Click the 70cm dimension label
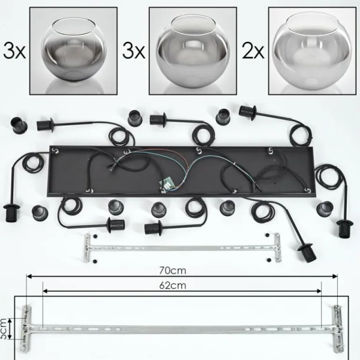173,270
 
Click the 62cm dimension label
173,285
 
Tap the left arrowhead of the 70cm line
29,276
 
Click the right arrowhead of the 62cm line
319,291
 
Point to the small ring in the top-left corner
19,125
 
